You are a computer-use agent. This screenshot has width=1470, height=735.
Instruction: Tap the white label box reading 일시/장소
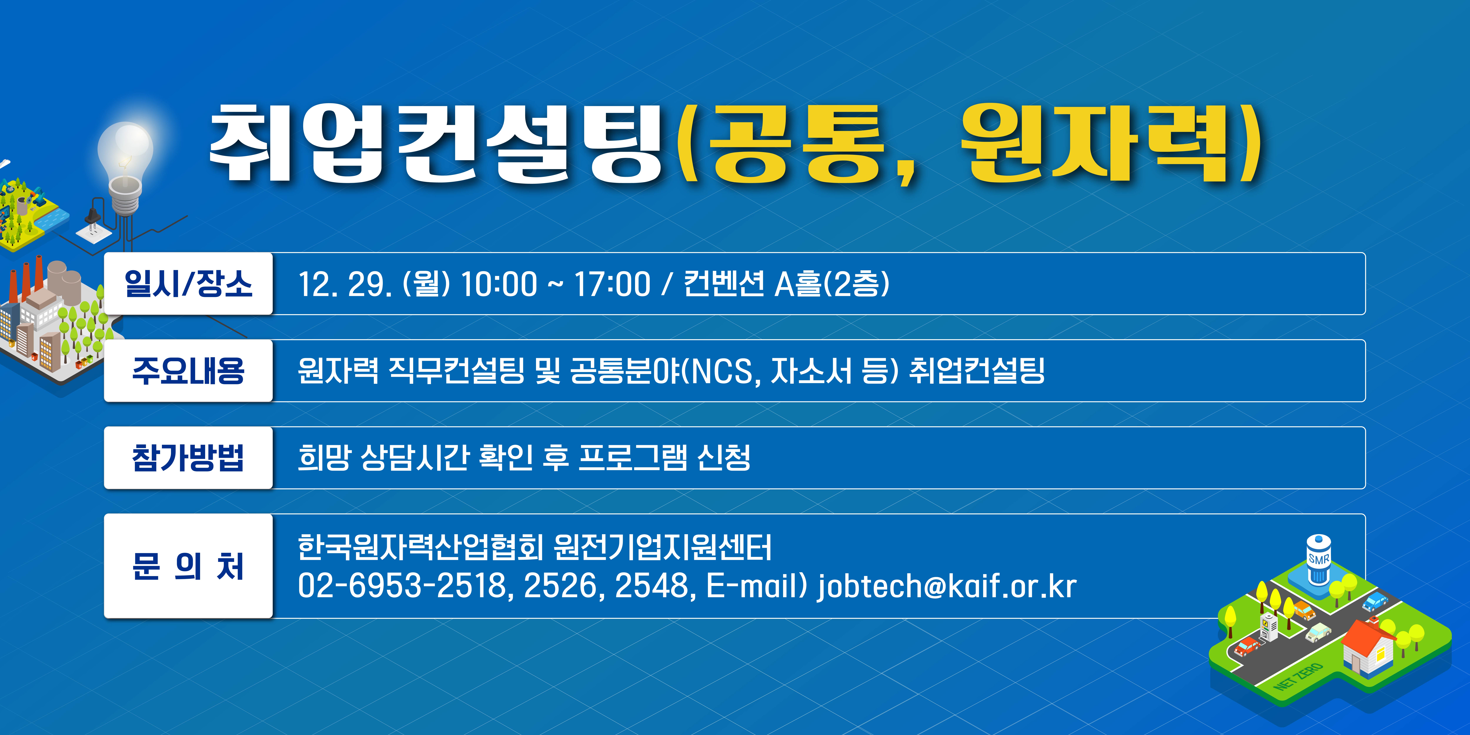[x=188, y=284]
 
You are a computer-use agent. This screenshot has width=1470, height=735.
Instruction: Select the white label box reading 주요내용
[x=188, y=371]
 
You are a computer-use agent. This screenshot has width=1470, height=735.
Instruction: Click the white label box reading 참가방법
[x=188, y=458]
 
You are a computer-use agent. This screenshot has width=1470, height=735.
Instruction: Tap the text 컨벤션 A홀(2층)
[x=786, y=284]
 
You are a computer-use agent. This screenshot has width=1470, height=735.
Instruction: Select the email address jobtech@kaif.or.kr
[x=947, y=586]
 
